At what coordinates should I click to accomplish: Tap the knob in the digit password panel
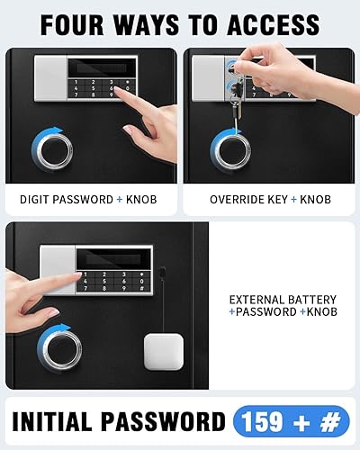tap(51, 148)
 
